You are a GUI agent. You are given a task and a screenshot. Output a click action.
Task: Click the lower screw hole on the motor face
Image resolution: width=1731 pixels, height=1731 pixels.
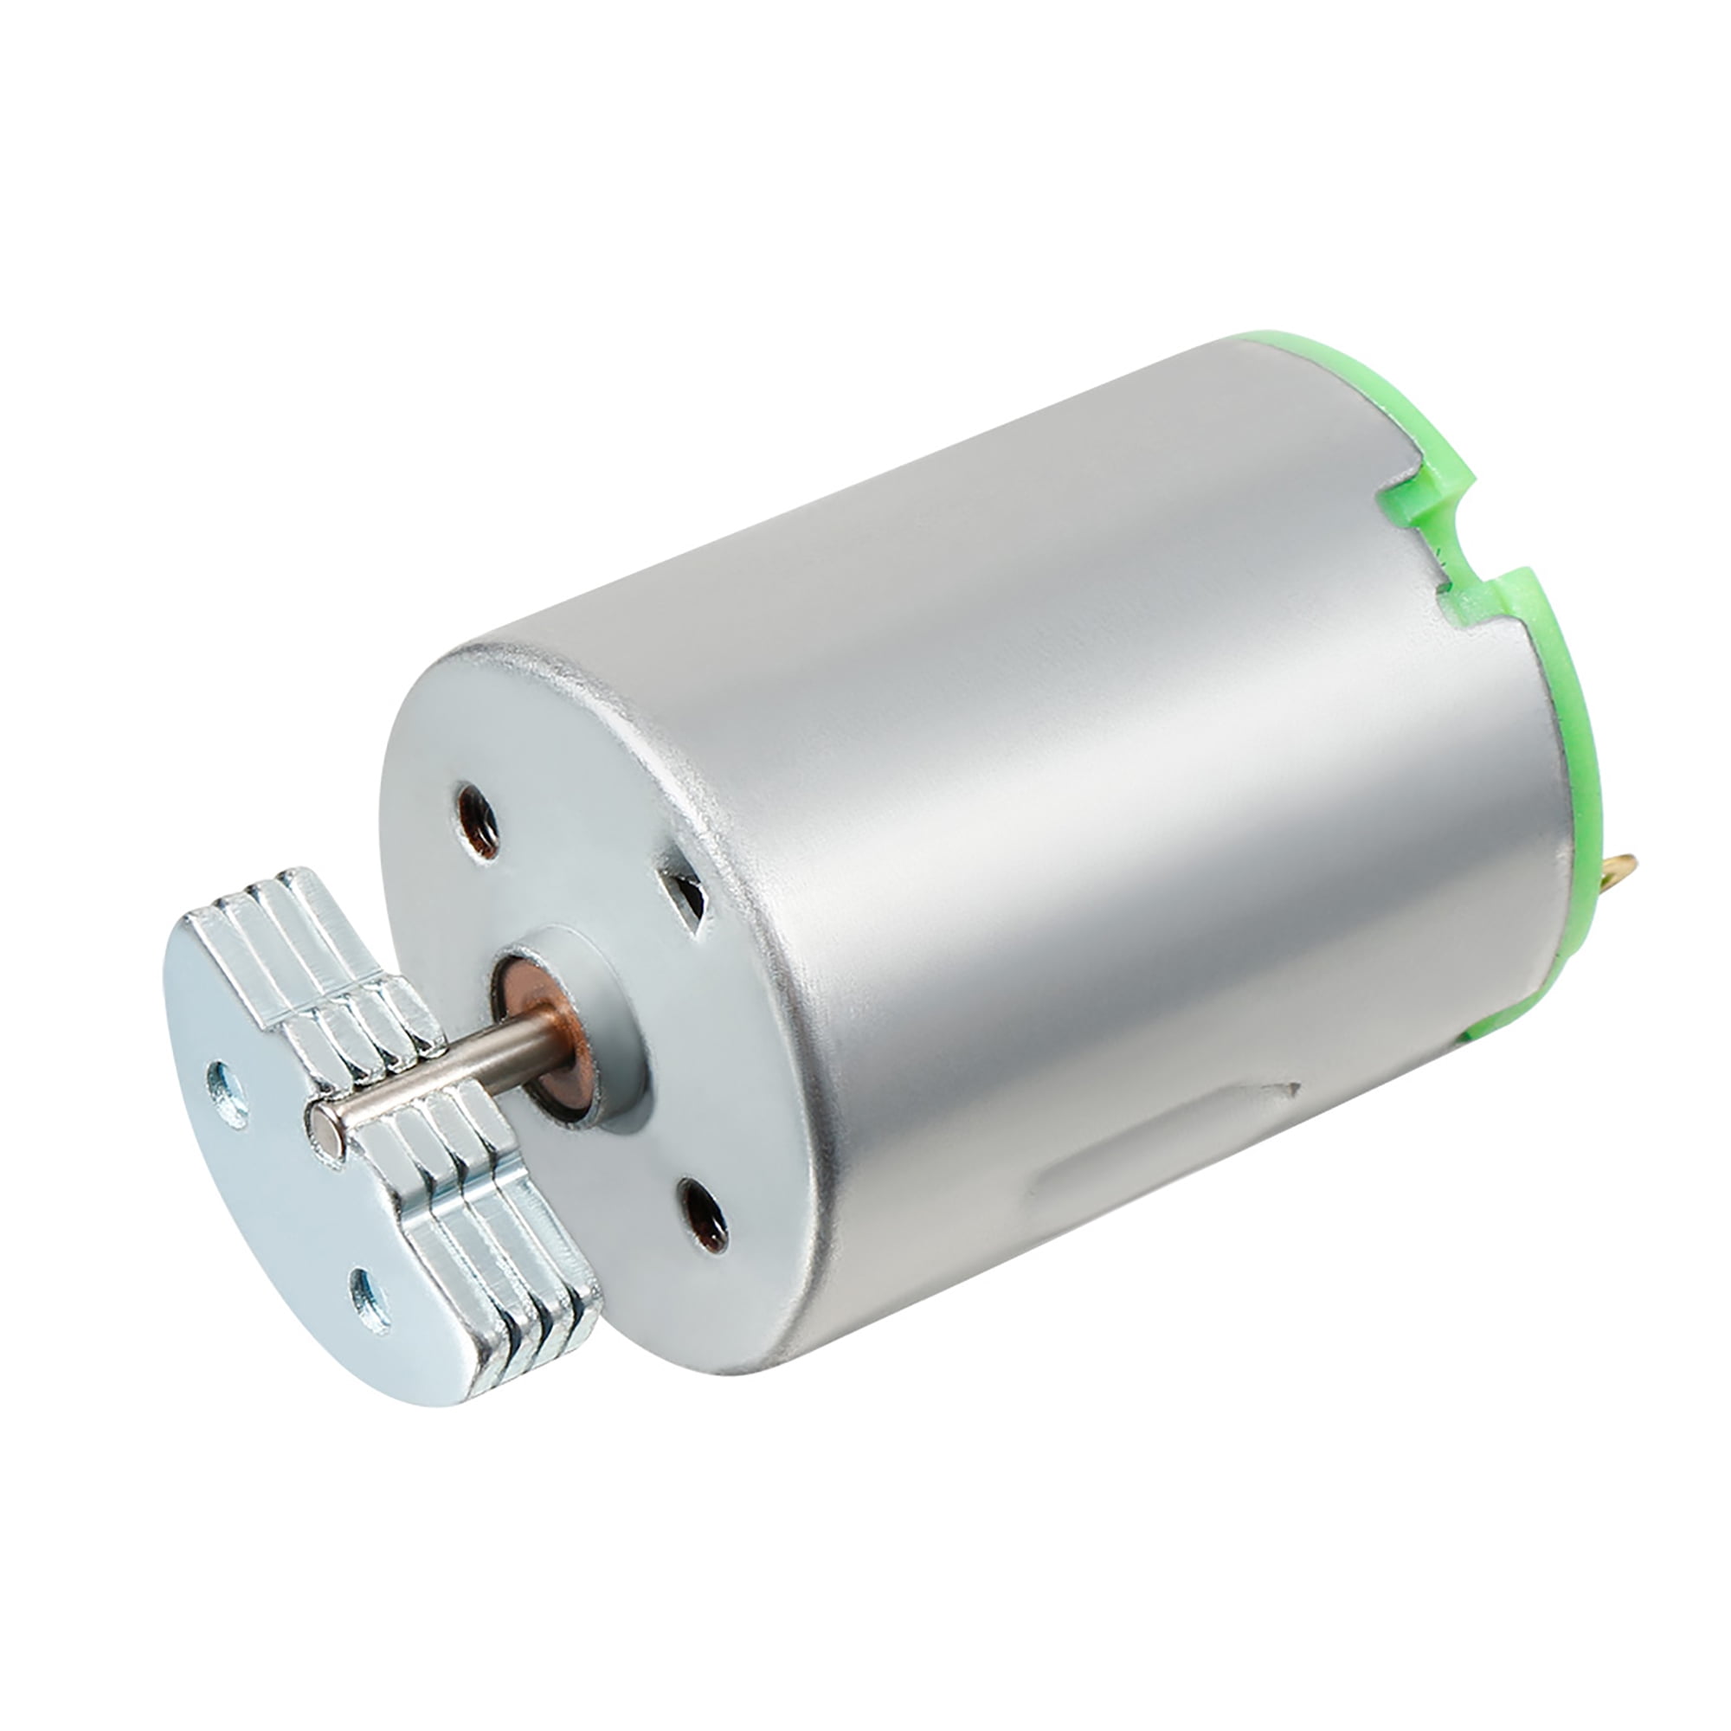click(704, 1215)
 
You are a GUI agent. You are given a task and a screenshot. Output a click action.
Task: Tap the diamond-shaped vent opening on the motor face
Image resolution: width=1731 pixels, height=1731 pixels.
click(684, 898)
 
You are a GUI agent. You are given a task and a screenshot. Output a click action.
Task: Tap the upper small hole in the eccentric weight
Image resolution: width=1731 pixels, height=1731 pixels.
click(228, 1093)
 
